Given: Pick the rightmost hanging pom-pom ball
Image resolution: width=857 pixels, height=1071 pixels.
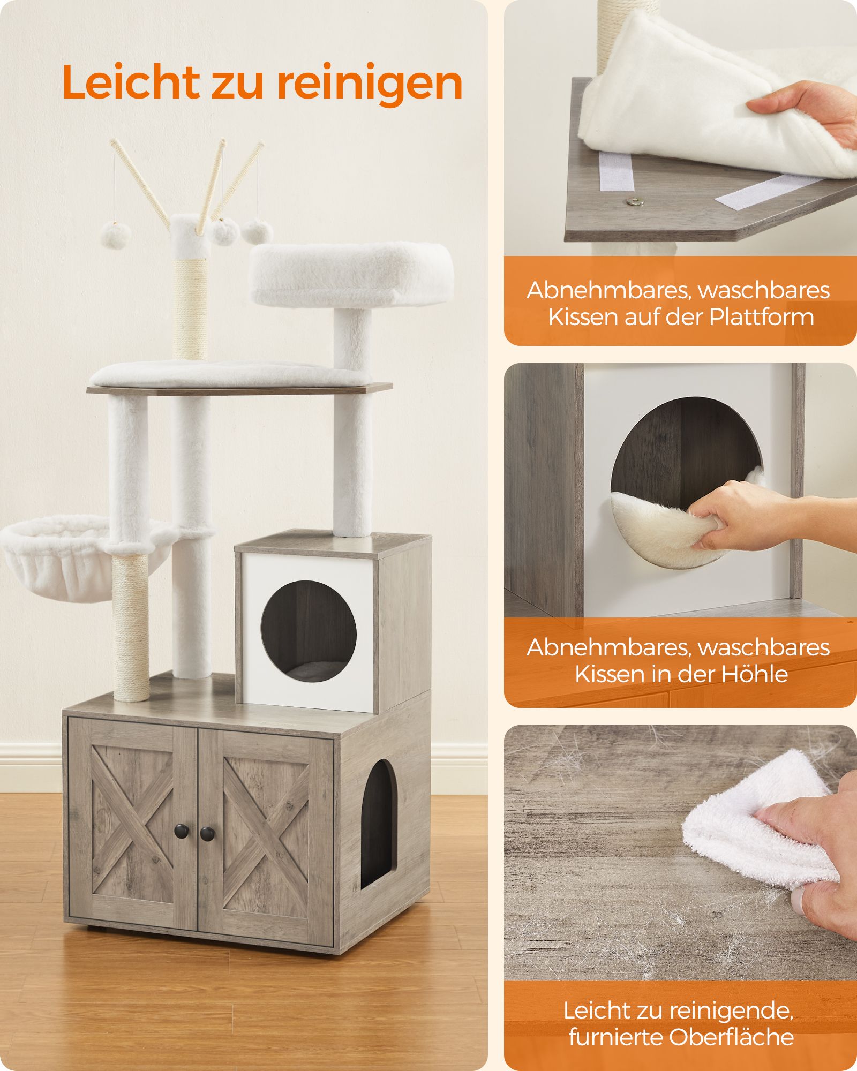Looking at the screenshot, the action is click(x=257, y=231).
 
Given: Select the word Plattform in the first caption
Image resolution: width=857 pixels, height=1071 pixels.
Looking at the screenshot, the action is click(x=762, y=316).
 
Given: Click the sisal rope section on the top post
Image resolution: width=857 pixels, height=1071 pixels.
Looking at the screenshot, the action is click(x=191, y=309).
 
